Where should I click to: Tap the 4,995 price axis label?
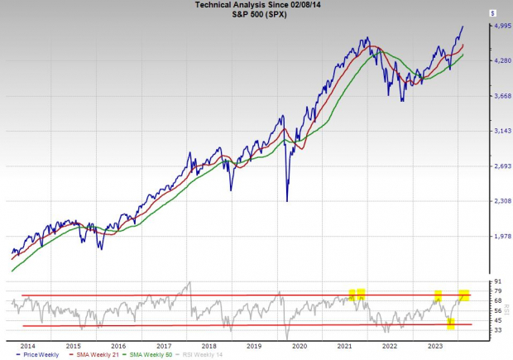coord(494,26)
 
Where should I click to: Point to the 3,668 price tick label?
coord(494,96)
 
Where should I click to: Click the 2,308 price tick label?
coord(494,201)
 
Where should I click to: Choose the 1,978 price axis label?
coord(494,238)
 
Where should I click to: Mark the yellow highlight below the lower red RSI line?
coord(451,324)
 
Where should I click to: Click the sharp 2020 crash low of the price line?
coord(287,200)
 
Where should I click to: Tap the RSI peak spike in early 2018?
coord(189,283)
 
